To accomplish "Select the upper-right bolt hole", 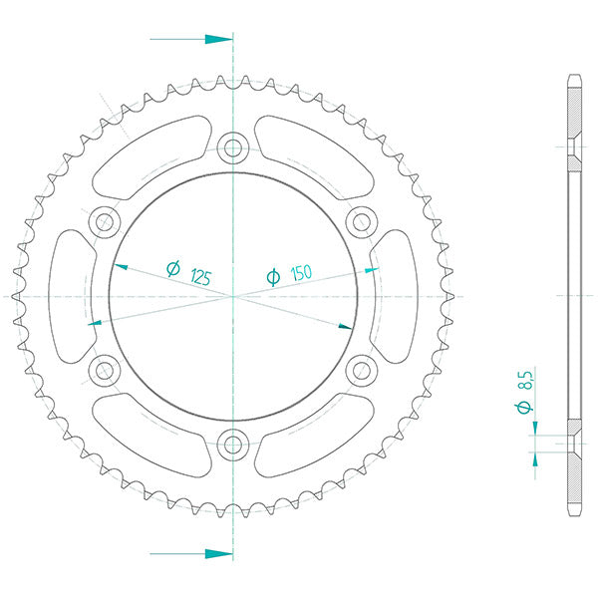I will pos(360,222).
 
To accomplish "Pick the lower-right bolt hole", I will pos(360,371).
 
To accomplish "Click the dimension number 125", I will pos(199,276).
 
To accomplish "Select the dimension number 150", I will pos(302,272).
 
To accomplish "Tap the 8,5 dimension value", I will pos(527,379).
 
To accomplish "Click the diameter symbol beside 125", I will pos(171,268).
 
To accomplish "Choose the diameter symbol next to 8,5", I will pos(527,407).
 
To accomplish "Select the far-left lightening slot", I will pos(70,297).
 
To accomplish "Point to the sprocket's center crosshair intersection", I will pos(233,297).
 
